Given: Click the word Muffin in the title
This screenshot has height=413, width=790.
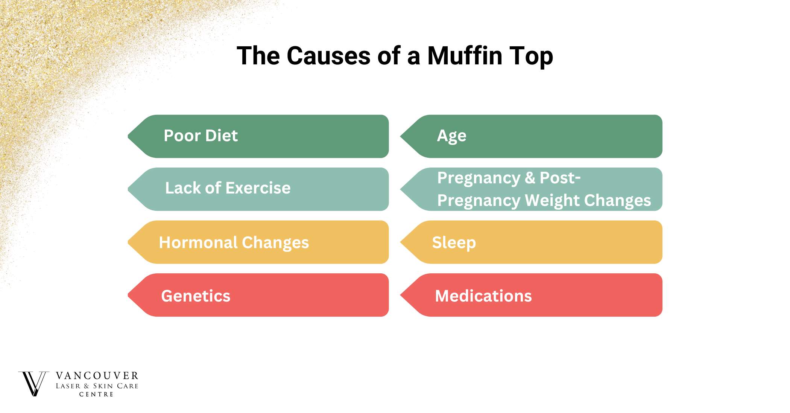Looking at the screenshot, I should [464, 56].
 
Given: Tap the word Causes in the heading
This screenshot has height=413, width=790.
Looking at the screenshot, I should [328, 56].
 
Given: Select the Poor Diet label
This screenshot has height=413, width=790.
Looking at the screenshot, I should [201, 136].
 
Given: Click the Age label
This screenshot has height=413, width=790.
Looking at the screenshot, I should [451, 136].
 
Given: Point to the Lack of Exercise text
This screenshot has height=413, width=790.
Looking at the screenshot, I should [228, 188].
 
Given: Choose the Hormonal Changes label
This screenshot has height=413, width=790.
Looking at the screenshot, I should [234, 243].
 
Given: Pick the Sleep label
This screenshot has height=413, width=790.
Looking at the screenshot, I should [454, 243].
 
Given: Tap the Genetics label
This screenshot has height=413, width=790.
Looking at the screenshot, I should [196, 296].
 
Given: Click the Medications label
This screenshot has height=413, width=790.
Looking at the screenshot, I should [483, 296].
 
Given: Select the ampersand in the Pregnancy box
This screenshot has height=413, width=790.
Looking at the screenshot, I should [530, 178].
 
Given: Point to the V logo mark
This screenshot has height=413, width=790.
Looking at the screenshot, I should [33, 384].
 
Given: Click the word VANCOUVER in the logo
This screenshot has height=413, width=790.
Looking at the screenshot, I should [97, 376].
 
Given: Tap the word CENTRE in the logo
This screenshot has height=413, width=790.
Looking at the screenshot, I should [96, 394].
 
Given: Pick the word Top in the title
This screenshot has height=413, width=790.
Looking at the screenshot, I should [531, 56].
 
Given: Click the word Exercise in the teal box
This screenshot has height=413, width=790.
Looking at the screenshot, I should [258, 188].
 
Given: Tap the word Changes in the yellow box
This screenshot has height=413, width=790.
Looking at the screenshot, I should [275, 243].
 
